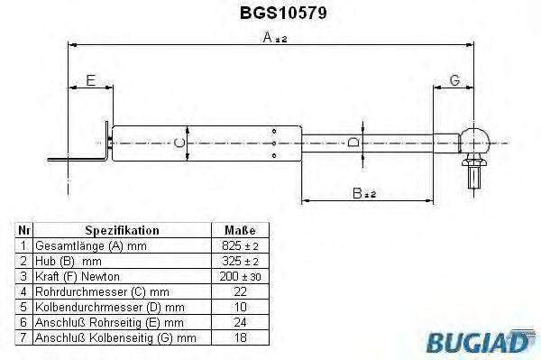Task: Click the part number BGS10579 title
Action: point(270,14)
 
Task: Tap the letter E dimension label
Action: point(89,81)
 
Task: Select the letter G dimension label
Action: point(455,81)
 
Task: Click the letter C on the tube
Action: point(179,143)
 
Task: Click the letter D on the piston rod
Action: point(354,142)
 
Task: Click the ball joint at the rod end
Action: point(474,141)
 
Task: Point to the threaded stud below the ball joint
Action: point(474,173)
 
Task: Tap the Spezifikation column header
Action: point(122,230)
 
